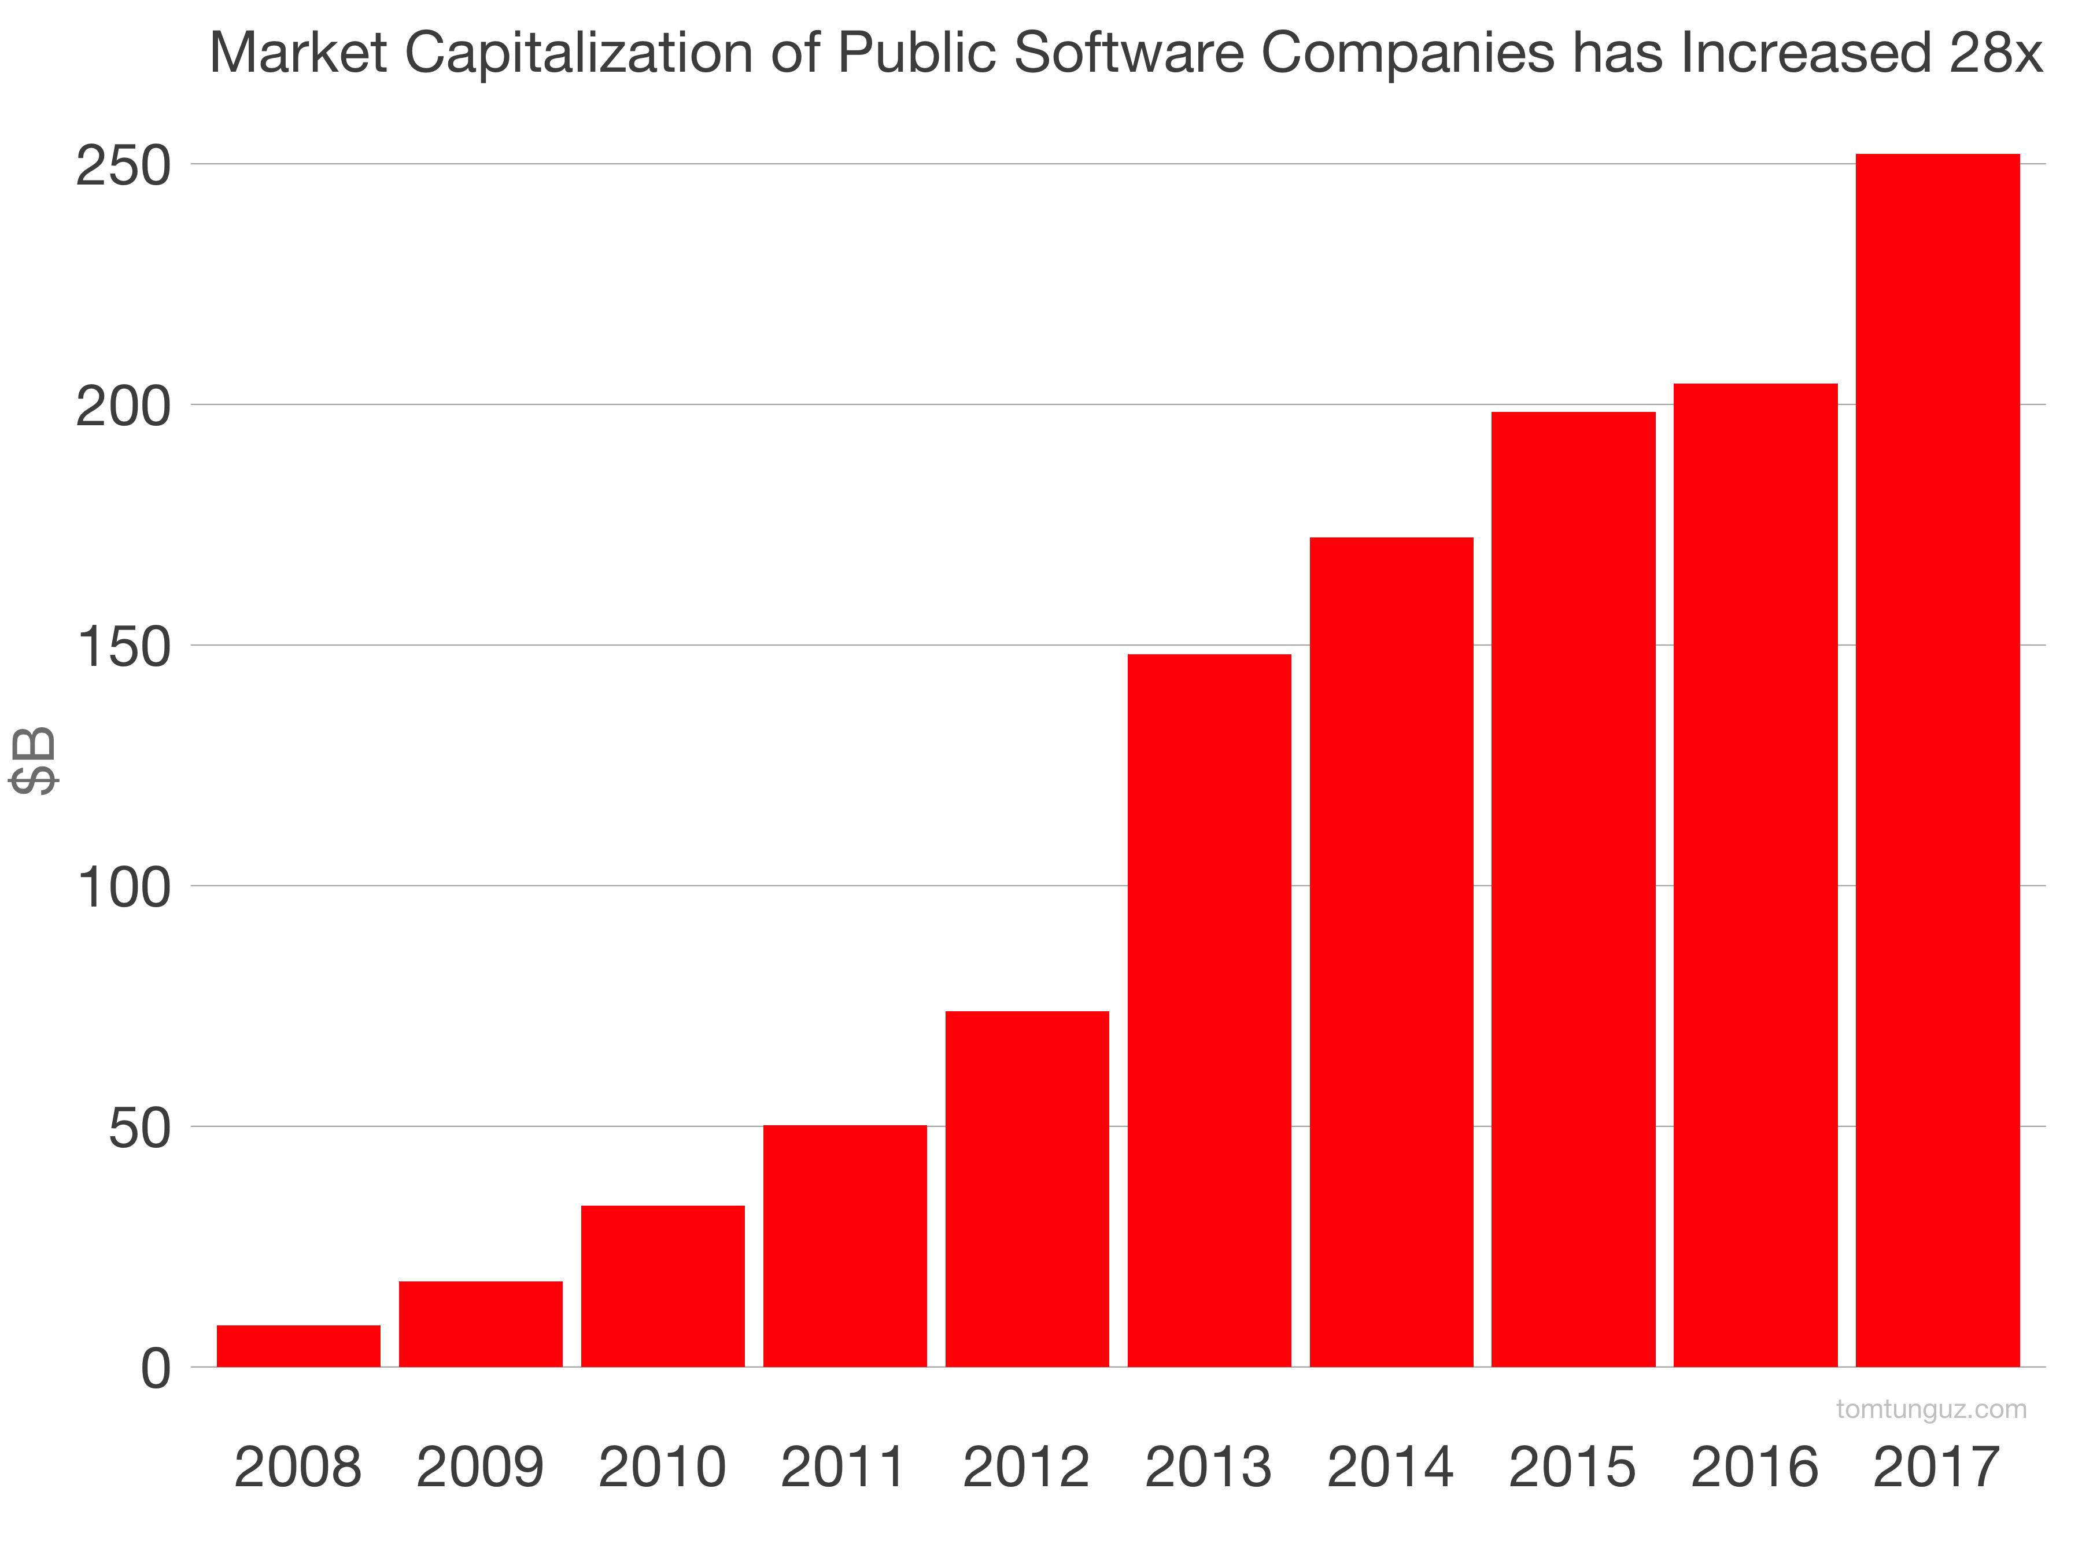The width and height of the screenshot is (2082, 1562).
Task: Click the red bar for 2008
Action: click(x=298, y=1346)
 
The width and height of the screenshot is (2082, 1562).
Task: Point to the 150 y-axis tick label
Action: click(x=123, y=648)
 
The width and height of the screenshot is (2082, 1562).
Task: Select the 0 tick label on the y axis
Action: click(x=156, y=1370)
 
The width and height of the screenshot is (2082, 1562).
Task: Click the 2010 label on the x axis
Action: click(x=663, y=1467)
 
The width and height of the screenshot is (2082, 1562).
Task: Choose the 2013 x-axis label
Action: click(x=1209, y=1467)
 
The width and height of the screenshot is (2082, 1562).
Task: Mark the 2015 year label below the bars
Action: click(x=1573, y=1467)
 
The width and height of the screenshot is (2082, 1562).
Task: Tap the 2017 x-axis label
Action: click(x=1937, y=1467)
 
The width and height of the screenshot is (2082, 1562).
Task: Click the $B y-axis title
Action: click(x=34, y=761)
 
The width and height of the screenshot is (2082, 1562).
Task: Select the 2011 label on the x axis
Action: click(x=844, y=1467)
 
